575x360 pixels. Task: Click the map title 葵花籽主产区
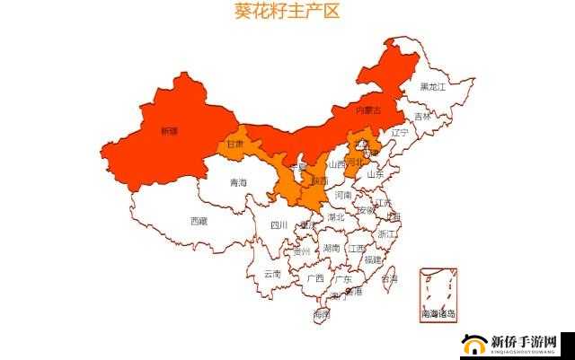[287, 13]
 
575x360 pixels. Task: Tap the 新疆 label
[169, 131]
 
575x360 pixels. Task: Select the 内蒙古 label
[368, 110]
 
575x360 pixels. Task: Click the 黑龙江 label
[432, 87]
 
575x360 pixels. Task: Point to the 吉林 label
[422, 117]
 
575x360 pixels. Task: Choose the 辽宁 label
[400, 132]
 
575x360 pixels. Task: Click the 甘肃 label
[235, 144]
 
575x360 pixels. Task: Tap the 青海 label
[238, 182]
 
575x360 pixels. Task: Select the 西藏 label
[199, 220]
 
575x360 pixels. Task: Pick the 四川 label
[279, 225]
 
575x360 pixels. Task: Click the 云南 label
[272, 274]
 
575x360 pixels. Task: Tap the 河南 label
[343, 195]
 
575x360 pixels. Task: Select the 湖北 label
[336, 217]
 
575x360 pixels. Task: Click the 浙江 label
[387, 233]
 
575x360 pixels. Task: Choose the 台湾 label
[390, 278]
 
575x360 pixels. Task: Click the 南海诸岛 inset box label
[438, 314]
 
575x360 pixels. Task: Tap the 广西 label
[314, 278]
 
